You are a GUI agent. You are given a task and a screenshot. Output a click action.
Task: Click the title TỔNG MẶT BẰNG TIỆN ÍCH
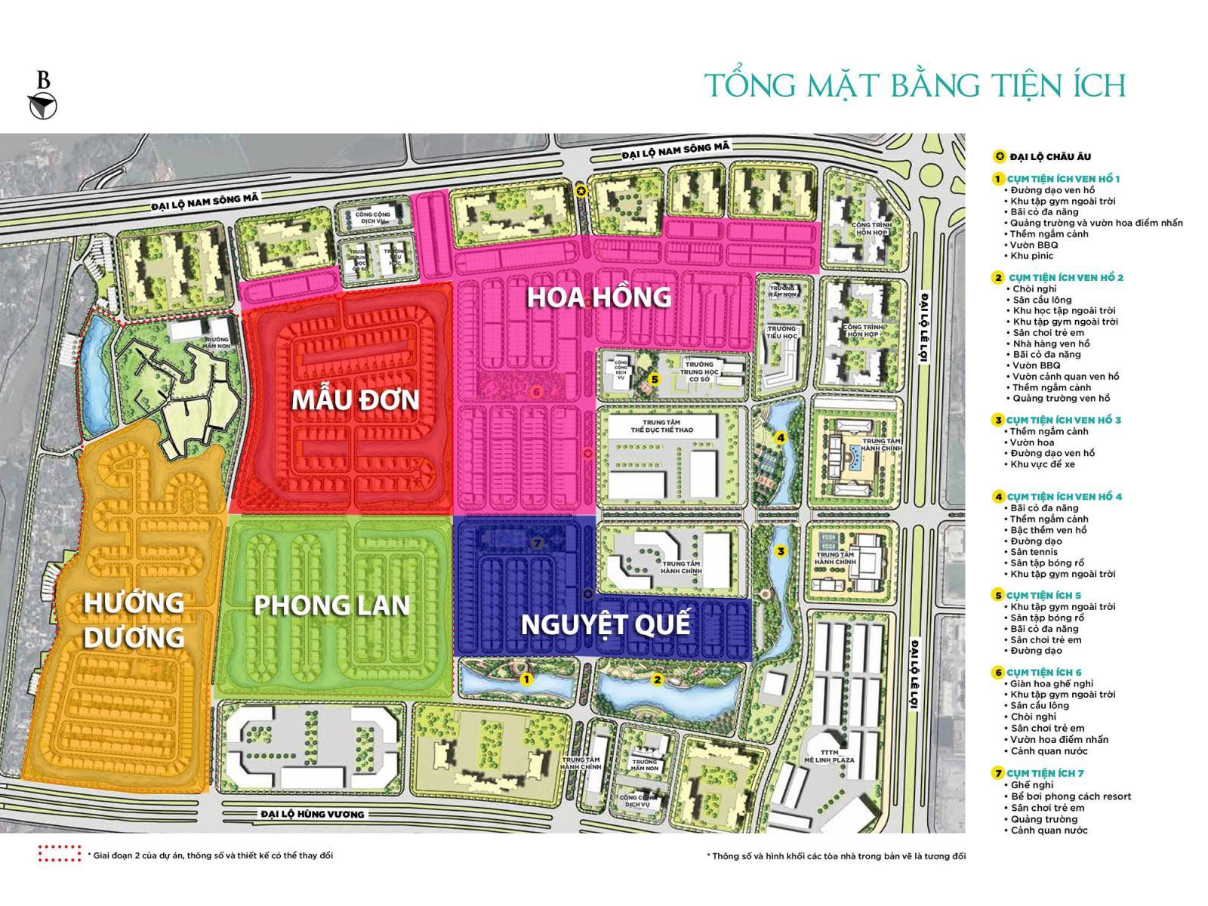pyautogui.click(x=914, y=85)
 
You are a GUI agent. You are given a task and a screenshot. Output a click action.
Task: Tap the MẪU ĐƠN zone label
pyautogui.click(x=355, y=399)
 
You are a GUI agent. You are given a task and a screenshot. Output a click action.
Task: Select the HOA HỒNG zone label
pyautogui.click(x=599, y=297)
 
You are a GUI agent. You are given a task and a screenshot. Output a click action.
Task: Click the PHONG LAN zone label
pyautogui.click(x=331, y=605)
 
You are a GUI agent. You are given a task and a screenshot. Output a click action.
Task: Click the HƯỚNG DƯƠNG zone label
pyautogui.click(x=134, y=620)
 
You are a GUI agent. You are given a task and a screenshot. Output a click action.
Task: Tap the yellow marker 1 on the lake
pyautogui.click(x=527, y=679)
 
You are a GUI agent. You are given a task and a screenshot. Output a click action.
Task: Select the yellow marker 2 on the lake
pyautogui.click(x=657, y=679)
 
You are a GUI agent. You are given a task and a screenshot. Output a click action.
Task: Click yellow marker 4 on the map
pyautogui.click(x=781, y=438)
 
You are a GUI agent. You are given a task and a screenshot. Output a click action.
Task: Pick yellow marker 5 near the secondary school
pyautogui.click(x=655, y=380)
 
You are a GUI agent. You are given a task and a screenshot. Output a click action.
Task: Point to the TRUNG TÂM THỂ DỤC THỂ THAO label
pyautogui.click(x=662, y=424)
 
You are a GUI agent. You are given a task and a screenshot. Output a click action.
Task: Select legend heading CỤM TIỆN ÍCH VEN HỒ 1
pyautogui.click(x=1063, y=179)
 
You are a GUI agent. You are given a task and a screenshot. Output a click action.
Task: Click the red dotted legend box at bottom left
pyautogui.click(x=59, y=854)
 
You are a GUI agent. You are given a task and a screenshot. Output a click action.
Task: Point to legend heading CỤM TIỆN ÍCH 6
pyautogui.click(x=1043, y=672)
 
